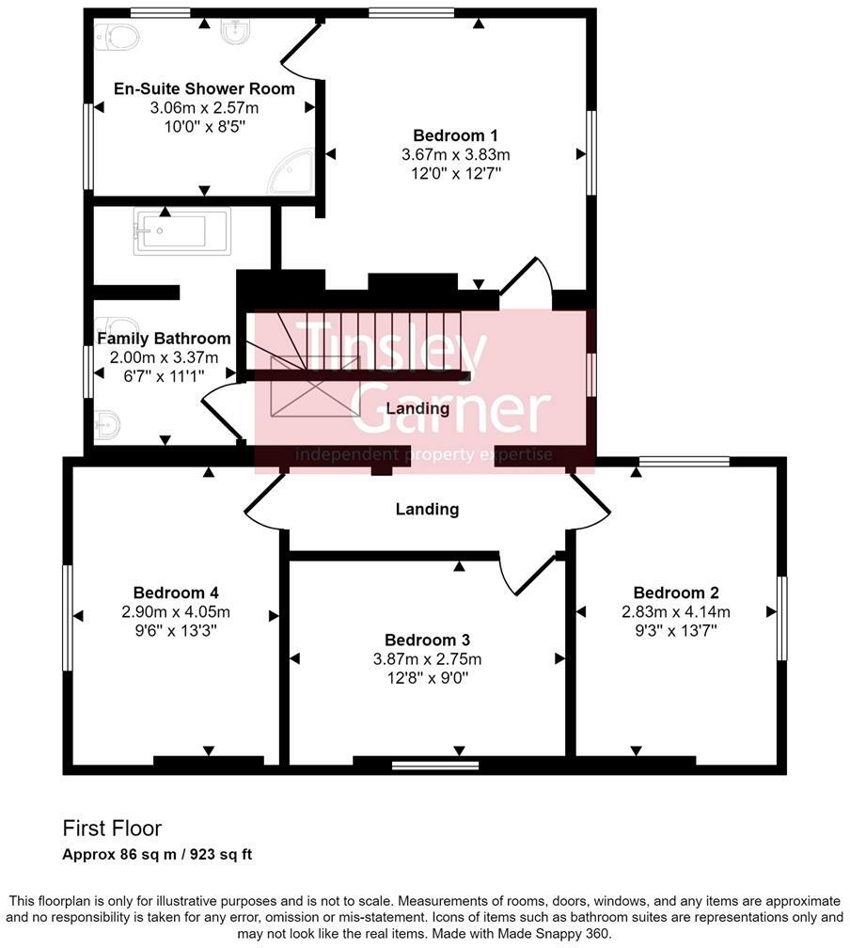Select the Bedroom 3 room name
click(428, 640)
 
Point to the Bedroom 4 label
click(176, 592)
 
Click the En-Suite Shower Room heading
click(204, 88)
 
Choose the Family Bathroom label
click(164, 339)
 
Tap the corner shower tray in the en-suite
click(293, 173)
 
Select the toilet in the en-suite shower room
click(119, 37)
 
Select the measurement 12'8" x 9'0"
click(428, 677)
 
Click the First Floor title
click(112, 829)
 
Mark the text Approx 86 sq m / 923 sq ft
click(157, 855)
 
